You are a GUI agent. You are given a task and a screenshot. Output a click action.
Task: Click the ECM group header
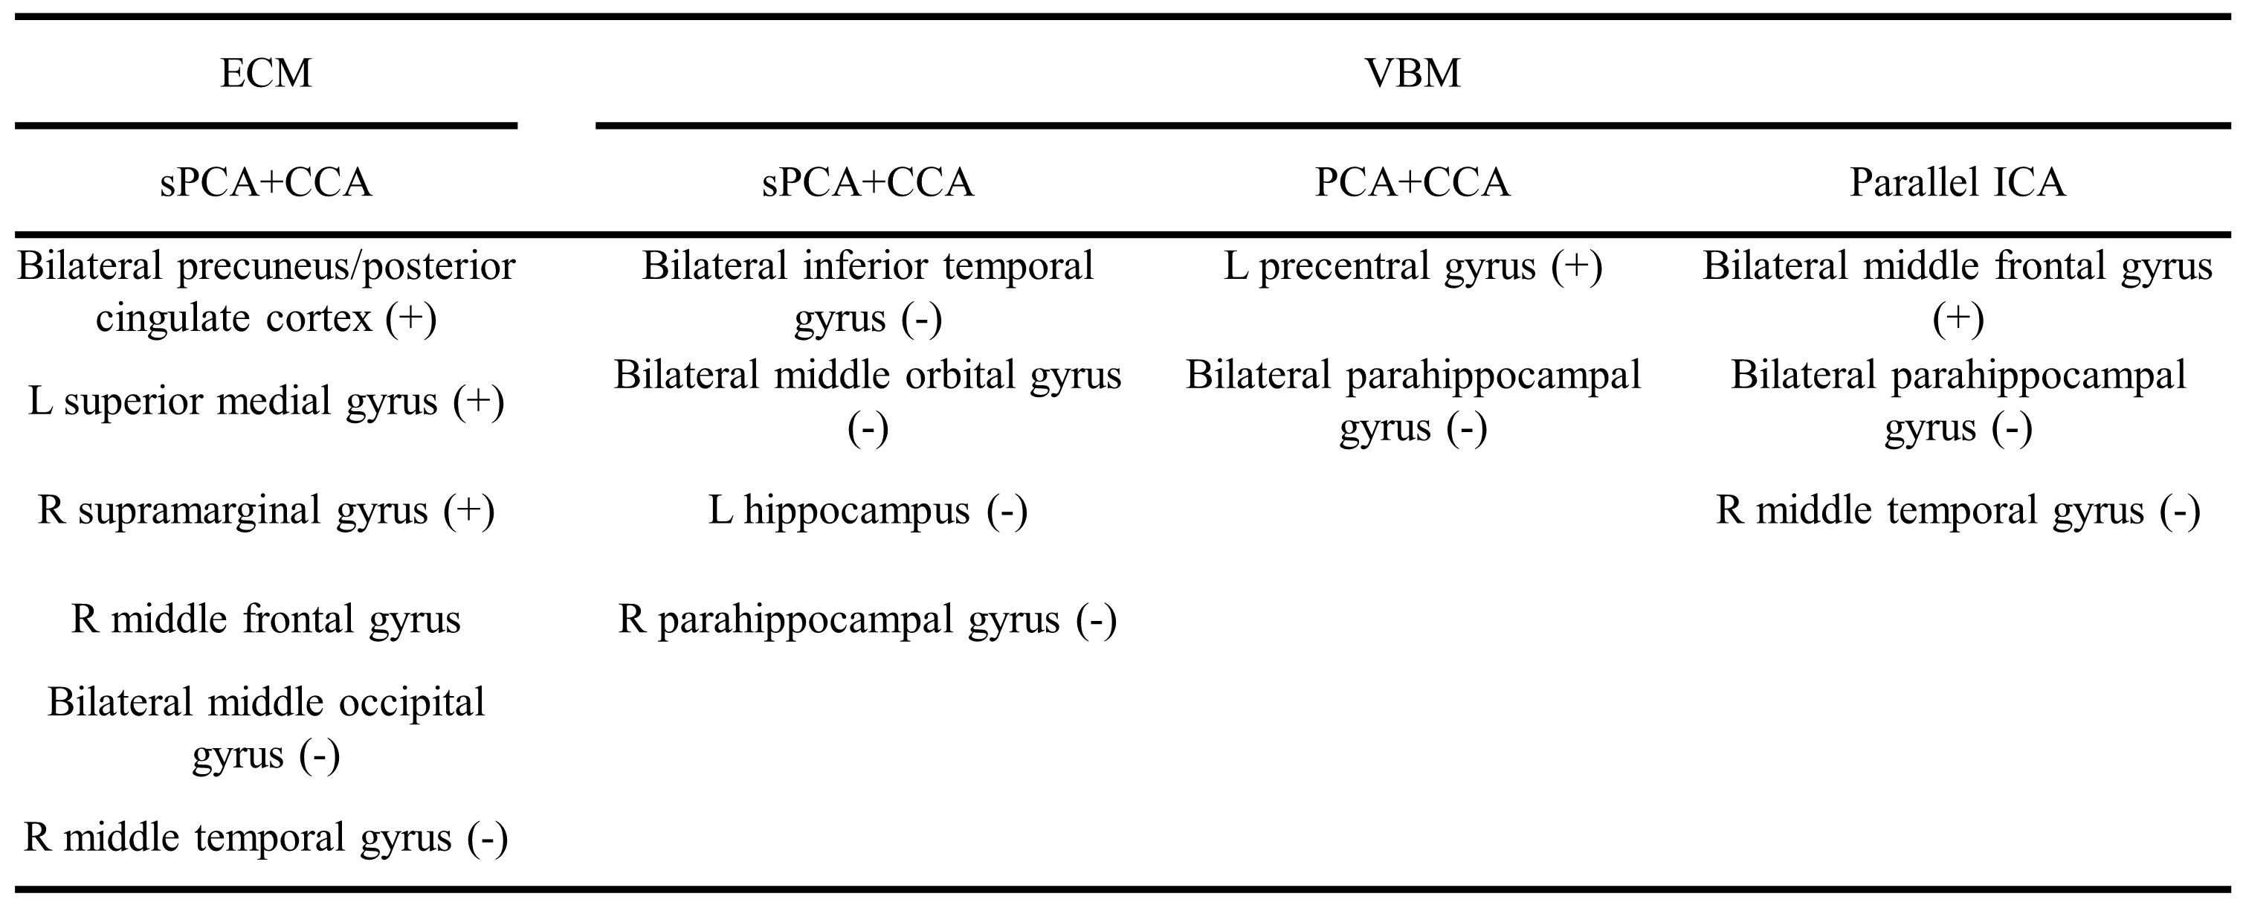coord(265,72)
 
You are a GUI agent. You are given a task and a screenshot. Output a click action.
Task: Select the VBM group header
coord(1413,72)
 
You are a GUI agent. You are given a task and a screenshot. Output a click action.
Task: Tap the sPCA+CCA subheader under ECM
coord(265,182)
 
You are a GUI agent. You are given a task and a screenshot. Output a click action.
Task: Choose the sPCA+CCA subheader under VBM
coord(868,182)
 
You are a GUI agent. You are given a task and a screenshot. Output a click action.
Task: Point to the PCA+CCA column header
coord(1413,182)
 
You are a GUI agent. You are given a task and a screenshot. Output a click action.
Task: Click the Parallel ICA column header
coord(1958,182)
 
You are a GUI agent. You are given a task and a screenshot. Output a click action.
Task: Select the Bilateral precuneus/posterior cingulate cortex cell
coord(265,292)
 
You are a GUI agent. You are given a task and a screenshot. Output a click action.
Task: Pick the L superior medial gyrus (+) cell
coord(265,402)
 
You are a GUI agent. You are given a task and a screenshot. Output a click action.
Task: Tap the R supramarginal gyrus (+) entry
coord(265,510)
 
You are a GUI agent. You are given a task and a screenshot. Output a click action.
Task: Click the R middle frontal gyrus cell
coord(265,619)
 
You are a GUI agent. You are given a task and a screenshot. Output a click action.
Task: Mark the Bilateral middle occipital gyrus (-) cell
coord(265,728)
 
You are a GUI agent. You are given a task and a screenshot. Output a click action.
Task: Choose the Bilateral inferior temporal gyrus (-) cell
coord(868,292)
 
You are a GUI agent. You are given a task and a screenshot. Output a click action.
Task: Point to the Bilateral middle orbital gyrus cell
coord(868,401)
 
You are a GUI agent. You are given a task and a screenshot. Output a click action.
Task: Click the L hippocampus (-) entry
coord(868,510)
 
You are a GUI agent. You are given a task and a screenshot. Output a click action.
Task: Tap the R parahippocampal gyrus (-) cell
coord(868,619)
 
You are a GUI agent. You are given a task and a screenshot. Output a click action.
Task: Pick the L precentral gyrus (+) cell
coord(1413,266)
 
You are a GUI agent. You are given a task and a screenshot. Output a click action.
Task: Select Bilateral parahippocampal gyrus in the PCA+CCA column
coord(1413,401)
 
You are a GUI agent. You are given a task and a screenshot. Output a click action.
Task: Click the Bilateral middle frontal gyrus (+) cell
coord(1958,292)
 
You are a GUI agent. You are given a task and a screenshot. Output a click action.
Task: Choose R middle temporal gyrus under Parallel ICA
coord(1958,510)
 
